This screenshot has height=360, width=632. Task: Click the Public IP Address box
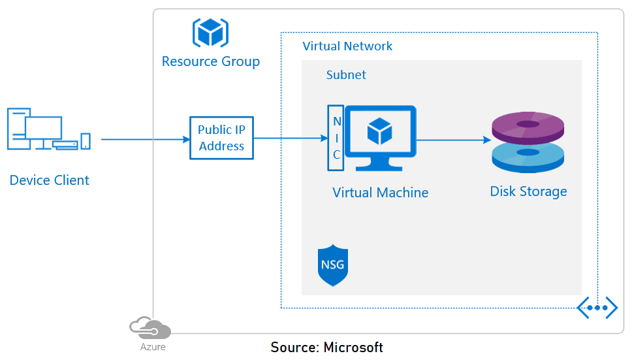click(x=221, y=139)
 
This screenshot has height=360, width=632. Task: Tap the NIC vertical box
click(x=336, y=138)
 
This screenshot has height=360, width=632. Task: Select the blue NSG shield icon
click(x=333, y=266)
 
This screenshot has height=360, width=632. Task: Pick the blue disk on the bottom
click(x=528, y=157)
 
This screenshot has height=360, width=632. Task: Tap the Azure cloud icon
click(x=150, y=327)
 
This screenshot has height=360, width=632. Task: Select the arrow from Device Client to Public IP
click(x=144, y=139)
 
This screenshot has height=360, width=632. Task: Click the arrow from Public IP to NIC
click(x=290, y=138)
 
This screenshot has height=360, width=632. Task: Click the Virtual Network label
click(x=347, y=46)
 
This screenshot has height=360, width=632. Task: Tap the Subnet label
click(x=346, y=75)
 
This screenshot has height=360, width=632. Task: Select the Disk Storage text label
click(x=528, y=191)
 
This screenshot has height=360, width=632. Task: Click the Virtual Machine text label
click(x=380, y=193)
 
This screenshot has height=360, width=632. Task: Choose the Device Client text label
click(x=49, y=180)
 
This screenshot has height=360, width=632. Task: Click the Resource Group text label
click(x=210, y=61)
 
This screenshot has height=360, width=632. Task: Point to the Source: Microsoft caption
click(x=326, y=347)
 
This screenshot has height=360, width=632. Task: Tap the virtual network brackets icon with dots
click(x=597, y=307)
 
